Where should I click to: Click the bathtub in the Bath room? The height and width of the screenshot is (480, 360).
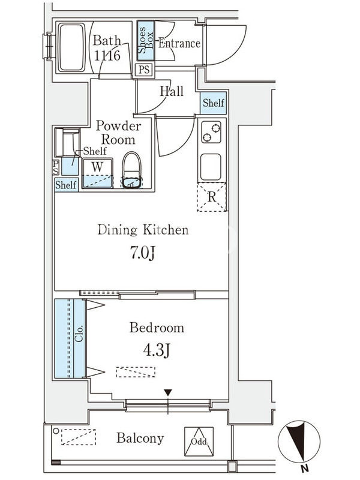(x=71, y=47)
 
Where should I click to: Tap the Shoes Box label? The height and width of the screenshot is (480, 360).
(x=146, y=40)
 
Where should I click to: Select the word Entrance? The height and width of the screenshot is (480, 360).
(x=179, y=43)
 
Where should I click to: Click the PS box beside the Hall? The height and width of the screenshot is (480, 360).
(x=144, y=70)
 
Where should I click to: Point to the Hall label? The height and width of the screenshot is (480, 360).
(x=172, y=91)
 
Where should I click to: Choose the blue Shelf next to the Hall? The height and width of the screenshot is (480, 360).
(x=213, y=103)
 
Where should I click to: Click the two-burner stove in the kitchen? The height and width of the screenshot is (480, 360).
(x=211, y=132)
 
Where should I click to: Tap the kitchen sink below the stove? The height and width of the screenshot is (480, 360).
(x=211, y=167)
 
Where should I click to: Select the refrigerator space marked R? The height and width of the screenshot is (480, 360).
(x=212, y=197)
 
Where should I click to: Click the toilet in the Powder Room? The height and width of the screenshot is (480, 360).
(x=131, y=170)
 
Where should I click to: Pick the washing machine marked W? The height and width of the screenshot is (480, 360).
(x=97, y=173)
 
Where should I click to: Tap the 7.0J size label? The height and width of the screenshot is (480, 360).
(x=142, y=253)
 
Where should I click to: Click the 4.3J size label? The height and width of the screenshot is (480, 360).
(x=157, y=350)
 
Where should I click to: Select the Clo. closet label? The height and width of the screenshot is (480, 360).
(x=79, y=334)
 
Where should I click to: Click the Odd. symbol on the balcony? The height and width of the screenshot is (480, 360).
(x=199, y=441)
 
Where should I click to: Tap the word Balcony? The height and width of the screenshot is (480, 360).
(x=140, y=439)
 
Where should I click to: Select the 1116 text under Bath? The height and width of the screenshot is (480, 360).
(x=107, y=56)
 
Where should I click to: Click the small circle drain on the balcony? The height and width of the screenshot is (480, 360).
(x=56, y=431)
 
